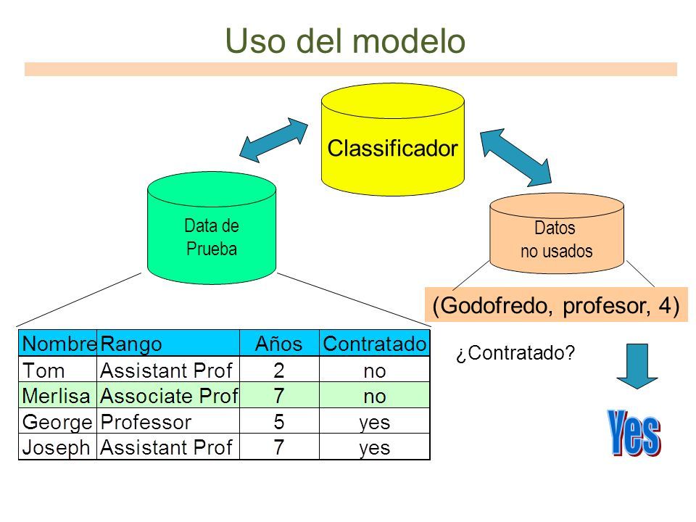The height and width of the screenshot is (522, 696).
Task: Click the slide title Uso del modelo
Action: click(345, 41)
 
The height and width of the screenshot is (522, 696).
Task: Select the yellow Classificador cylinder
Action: click(393, 140)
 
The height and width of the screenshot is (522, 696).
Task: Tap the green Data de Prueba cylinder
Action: click(212, 228)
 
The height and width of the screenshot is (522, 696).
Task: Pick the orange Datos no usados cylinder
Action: click(557, 233)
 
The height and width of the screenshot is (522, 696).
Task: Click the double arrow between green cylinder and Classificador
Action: click(273, 140)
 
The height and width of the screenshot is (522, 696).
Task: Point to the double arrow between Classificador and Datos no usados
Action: click(515, 157)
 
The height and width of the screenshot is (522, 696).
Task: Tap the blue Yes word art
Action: click(634, 433)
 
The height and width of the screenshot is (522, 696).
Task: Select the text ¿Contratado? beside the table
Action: click(515, 353)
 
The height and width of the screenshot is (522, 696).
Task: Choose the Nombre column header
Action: click(59, 344)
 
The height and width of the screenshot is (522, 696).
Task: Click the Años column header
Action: click(278, 344)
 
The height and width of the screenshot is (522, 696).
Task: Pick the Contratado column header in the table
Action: click(375, 344)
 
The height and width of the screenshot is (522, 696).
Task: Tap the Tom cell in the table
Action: click(43, 370)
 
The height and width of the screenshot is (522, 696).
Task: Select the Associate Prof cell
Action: click(169, 396)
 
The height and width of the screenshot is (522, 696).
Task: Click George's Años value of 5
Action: click(278, 421)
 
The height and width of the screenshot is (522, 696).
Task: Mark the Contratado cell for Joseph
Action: click(375, 447)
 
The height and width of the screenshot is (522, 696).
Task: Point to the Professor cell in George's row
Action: click(146, 422)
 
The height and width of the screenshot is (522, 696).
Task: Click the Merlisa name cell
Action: click(56, 396)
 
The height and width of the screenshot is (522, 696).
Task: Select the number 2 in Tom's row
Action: click(278, 370)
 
